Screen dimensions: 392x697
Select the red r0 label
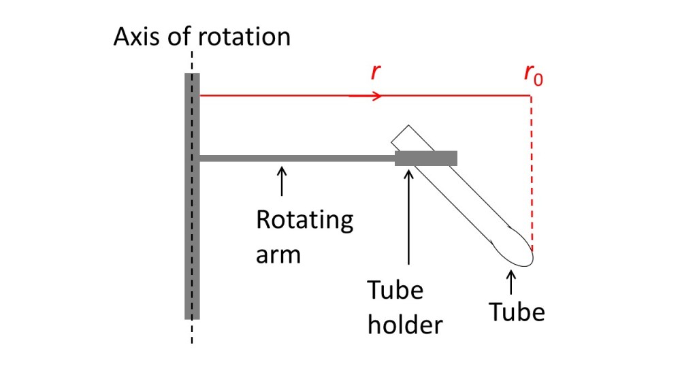(533, 76)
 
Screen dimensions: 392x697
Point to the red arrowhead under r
(376, 96)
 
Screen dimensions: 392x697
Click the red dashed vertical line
(532, 170)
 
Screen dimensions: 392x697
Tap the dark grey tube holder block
(425, 159)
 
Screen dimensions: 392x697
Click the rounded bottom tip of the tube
(524, 257)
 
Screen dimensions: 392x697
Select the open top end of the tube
(400, 134)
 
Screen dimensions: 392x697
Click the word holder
(405, 325)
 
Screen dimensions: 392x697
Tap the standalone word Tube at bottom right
(517, 312)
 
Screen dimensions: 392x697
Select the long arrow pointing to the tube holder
(408, 218)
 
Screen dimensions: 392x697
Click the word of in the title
(180, 36)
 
